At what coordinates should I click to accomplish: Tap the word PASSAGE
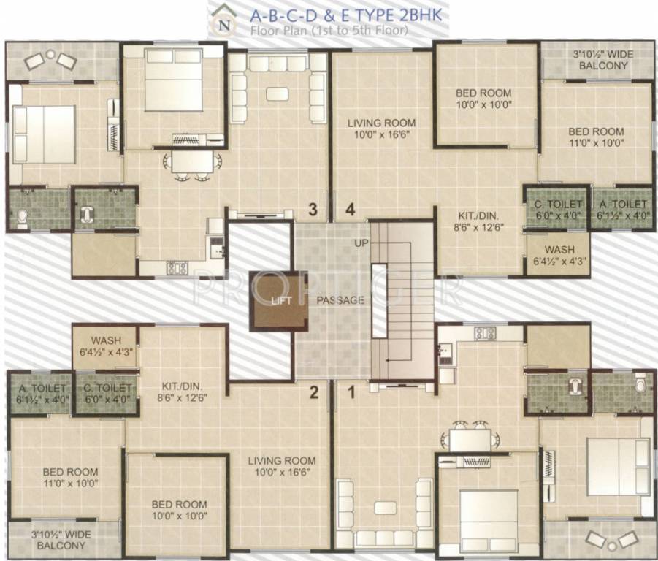(x=340, y=300)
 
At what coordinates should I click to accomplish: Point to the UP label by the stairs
(x=361, y=242)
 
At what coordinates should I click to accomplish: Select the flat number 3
(x=313, y=210)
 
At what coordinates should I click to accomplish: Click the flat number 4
(x=351, y=210)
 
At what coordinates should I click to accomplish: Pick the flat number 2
(x=313, y=393)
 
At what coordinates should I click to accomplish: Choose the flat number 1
(x=351, y=393)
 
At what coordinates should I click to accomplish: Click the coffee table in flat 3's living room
(x=277, y=93)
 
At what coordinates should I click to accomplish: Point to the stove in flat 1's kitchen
(x=485, y=334)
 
